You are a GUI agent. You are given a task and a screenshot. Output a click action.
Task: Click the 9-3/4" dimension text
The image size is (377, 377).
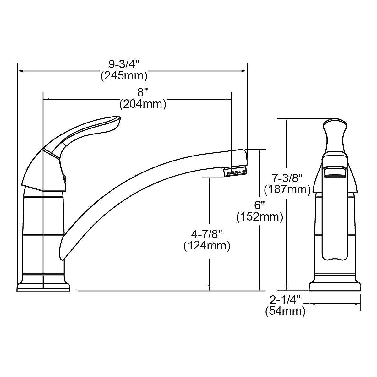pos(124,65)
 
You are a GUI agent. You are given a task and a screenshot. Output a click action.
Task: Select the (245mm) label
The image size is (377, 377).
pos(124,76)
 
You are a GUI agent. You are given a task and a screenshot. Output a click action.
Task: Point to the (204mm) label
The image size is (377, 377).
pos(143,104)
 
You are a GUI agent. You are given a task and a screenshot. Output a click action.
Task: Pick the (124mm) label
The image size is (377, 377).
pos(207,245)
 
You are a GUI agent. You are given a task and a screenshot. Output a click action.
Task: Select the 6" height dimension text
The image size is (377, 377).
pos(260,205)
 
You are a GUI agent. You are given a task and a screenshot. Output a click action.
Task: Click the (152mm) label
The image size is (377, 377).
pos(260,217)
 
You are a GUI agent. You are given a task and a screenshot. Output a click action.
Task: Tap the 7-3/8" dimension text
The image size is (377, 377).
pos(287,178)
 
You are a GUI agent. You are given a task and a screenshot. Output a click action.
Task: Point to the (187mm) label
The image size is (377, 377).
pos(287,189)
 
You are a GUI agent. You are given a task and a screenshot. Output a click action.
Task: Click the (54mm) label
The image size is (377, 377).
pos(285,311)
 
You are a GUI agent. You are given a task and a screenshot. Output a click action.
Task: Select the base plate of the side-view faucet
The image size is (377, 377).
pos(43,287)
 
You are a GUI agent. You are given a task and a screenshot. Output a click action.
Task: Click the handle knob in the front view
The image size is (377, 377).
pos(335,124)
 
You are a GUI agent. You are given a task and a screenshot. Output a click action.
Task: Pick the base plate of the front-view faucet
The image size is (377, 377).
pos(335,287)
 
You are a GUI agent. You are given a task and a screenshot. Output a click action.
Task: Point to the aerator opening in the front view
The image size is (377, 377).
pos(335,172)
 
